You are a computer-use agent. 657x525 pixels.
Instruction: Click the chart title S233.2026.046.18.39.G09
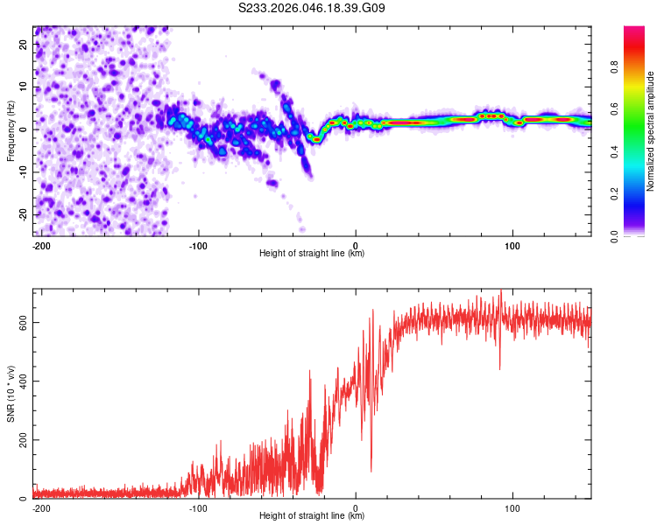coord(313,9)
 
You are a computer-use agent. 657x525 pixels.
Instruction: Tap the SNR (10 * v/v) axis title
coord(11,393)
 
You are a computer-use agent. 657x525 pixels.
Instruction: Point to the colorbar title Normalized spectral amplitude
coord(650,131)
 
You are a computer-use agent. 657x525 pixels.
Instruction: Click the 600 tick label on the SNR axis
coord(21,323)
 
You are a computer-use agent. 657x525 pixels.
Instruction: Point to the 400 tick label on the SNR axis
coord(21,381)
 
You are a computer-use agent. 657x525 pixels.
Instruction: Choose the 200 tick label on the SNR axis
coord(21,440)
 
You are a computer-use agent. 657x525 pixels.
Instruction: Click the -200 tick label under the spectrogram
coord(40,245)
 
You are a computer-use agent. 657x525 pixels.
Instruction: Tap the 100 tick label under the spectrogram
coord(512,245)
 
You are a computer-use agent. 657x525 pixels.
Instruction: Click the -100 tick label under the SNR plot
coord(198,507)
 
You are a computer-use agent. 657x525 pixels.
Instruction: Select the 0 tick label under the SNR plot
coord(356,507)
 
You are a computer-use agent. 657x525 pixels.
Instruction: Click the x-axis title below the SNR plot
coord(312,516)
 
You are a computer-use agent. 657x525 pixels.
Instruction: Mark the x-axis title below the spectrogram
coord(312,254)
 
